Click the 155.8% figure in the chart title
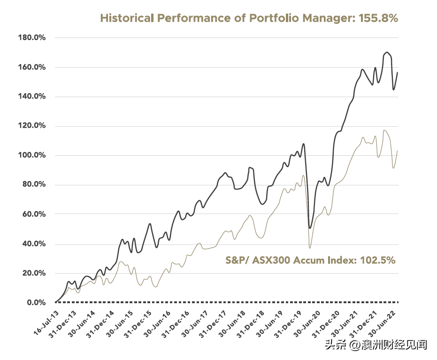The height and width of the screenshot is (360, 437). (x=378, y=18)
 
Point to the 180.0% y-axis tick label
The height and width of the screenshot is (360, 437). (x=31, y=38)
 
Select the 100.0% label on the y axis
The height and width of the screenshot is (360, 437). (x=31, y=155)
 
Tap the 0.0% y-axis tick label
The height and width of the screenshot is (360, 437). (x=35, y=302)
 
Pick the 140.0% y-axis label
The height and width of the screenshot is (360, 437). (x=31, y=97)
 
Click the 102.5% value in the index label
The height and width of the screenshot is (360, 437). (x=375, y=260)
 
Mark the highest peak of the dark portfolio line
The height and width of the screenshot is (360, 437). (x=387, y=52)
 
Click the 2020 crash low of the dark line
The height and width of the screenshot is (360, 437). (x=309, y=228)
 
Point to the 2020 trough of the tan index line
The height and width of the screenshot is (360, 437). (x=309, y=247)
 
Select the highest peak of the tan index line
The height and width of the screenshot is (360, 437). (x=384, y=130)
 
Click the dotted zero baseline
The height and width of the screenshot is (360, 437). (x=225, y=302)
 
